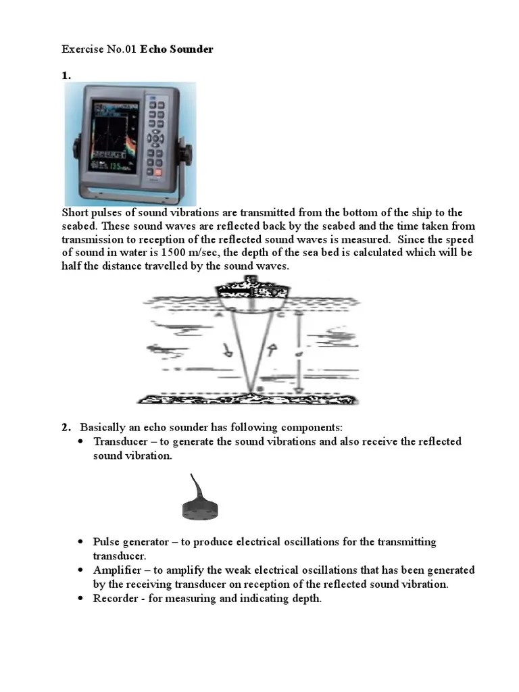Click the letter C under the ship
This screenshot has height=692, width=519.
(x=282, y=314)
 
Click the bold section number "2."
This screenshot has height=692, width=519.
(x=66, y=427)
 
